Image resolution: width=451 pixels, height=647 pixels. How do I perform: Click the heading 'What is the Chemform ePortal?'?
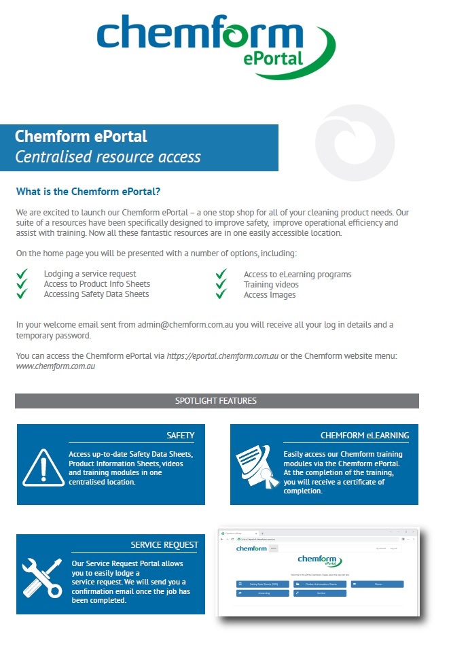pyautogui.click(x=88, y=192)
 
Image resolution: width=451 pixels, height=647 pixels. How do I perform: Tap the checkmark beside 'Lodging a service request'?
pyautogui.click(x=22, y=274)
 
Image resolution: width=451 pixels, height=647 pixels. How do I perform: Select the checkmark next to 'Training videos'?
pyautogui.click(x=221, y=284)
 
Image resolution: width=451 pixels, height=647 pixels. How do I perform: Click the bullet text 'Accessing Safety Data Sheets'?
pyautogui.click(x=96, y=294)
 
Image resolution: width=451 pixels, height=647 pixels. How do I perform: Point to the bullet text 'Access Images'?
pyautogui.click(x=270, y=294)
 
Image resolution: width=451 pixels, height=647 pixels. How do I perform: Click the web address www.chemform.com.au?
pyautogui.click(x=55, y=366)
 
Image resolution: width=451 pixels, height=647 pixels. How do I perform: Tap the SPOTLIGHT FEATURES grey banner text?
pyautogui.click(x=216, y=401)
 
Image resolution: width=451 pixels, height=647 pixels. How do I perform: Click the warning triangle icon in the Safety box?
pyautogui.click(x=43, y=468)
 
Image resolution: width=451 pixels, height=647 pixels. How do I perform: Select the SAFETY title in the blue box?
pyautogui.click(x=180, y=435)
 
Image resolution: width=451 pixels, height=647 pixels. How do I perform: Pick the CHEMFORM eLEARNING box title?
pyautogui.click(x=364, y=435)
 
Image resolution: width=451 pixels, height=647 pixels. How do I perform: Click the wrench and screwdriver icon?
pyautogui.click(x=42, y=577)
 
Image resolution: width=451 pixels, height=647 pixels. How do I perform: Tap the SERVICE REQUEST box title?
pyautogui.click(x=164, y=544)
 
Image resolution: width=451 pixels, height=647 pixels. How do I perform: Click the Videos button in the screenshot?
pyautogui.click(x=378, y=584)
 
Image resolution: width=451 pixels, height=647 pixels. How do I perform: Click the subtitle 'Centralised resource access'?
pyautogui.click(x=108, y=157)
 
